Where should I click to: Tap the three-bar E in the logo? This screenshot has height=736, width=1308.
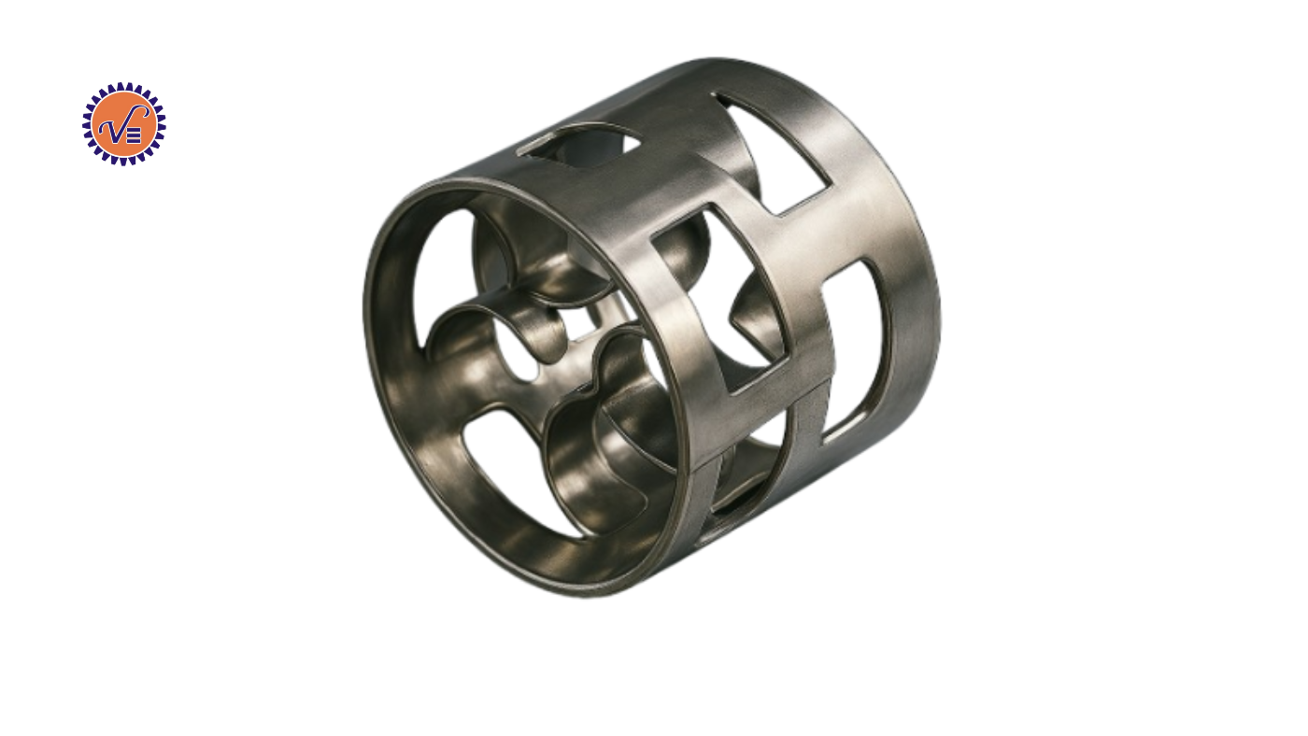click(x=134, y=136)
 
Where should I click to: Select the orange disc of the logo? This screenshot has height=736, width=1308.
click(x=123, y=123)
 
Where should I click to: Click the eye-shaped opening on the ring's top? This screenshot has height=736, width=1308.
click(x=578, y=140)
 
